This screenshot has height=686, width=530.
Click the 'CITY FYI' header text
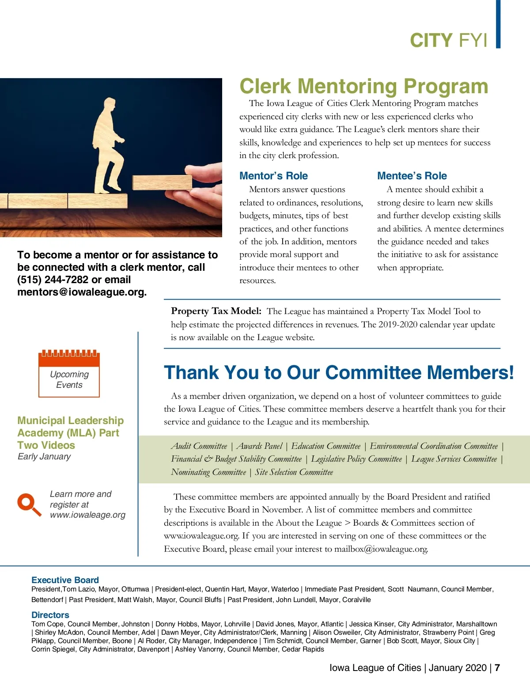[x=448, y=40]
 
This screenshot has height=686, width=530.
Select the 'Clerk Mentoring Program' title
[x=363, y=86]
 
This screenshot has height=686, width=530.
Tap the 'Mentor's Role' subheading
[x=273, y=176]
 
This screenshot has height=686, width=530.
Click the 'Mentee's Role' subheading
[x=412, y=176]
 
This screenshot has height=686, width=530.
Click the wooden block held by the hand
[x=162, y=182]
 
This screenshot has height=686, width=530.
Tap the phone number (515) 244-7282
[x=53, y=280]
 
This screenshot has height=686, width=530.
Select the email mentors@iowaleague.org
[x=82, y=292]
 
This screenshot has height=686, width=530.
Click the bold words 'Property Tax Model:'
[x=216, y=311]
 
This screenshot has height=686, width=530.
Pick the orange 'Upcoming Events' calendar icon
[x=69, y=373]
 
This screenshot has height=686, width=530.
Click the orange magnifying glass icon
[x=29, y=504]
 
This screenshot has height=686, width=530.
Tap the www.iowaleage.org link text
[x=87, y=515]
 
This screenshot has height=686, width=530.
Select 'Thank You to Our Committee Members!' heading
[x=339, y=372]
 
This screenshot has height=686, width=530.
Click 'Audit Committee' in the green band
[x=199, y=446]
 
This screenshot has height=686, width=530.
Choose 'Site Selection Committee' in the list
[x=294, y=472]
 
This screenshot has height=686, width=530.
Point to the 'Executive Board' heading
[x=65, y=580]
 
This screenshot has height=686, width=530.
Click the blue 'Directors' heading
[x=50, y=615]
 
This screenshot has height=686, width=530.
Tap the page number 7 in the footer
[x=497, y=667]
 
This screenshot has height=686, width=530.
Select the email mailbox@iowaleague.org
[x=381, y=549]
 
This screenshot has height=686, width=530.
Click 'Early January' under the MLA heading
[x=44, y=456]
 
